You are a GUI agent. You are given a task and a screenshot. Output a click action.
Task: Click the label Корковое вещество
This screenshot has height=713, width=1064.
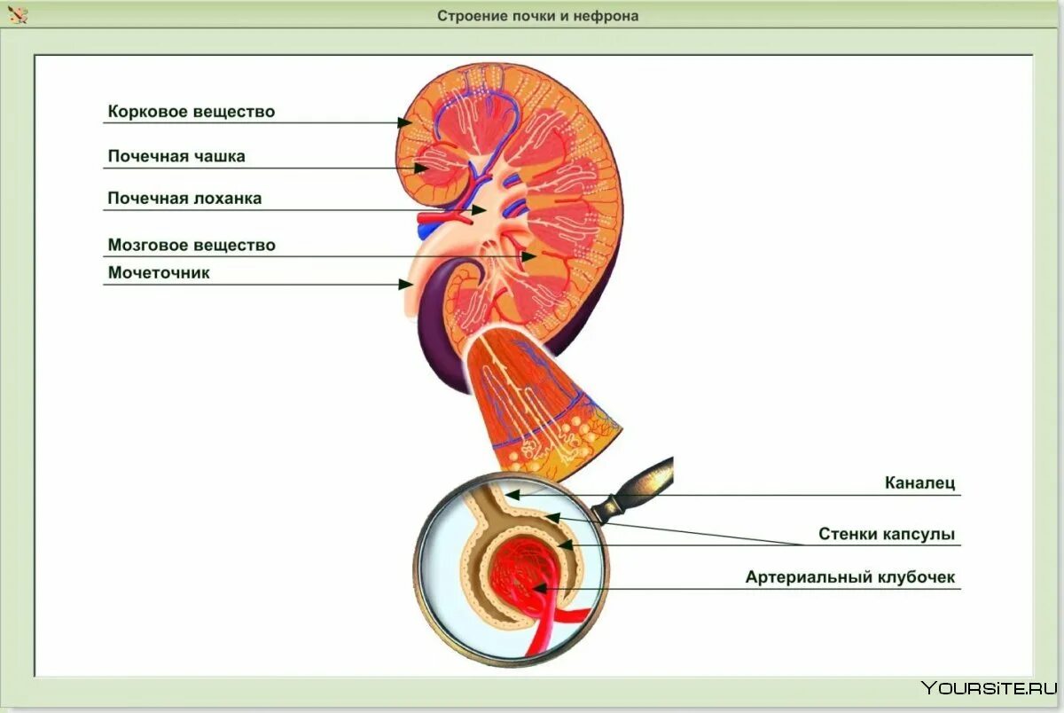pos(191,112)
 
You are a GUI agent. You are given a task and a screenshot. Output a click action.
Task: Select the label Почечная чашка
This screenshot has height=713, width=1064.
pos(176,156)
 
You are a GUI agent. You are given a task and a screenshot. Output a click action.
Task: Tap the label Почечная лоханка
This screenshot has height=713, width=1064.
pos(184,199)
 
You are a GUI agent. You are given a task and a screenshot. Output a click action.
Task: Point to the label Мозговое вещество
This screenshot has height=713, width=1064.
pos(192,245)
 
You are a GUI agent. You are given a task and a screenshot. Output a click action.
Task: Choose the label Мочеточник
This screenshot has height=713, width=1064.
pos(159,272)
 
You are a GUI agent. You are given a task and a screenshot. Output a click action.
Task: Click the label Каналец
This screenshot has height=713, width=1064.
pos(920,483)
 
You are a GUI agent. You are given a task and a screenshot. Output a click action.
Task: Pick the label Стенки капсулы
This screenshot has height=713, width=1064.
pos(887,535)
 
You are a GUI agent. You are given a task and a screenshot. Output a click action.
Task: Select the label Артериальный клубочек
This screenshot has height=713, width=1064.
pos(850,577)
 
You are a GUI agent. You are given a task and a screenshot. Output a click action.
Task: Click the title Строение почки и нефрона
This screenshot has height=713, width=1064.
pos(537,16)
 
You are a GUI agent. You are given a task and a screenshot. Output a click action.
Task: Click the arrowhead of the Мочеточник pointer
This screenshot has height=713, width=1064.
pos(406,284)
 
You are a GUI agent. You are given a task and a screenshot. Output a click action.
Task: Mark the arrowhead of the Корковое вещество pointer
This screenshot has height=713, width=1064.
pos(405,122)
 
